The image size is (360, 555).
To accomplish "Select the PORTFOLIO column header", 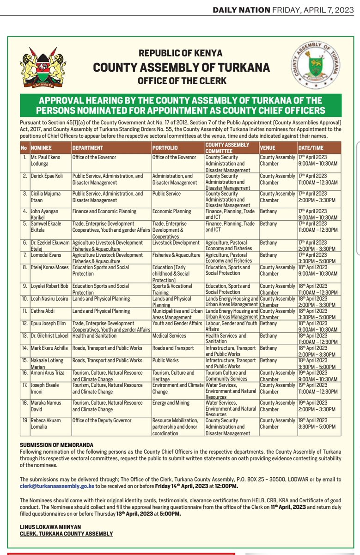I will pyautogui.click(x=165, y=148).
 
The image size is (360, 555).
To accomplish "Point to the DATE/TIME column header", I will pyautogui.click(x=310, y=148).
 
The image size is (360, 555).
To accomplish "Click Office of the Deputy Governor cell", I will pyautogui.click(x=102, y=420).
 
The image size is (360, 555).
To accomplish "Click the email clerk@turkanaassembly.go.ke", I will pyautogui.click(x=57, y=486).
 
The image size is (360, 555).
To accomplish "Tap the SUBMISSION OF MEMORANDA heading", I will pyautogui.click(x=56, y=444).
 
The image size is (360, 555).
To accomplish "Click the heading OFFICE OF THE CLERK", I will pyautogui.click(x=182, y=81).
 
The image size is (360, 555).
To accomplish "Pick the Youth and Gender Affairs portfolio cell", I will pyautogui.click(x=177, y=323).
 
